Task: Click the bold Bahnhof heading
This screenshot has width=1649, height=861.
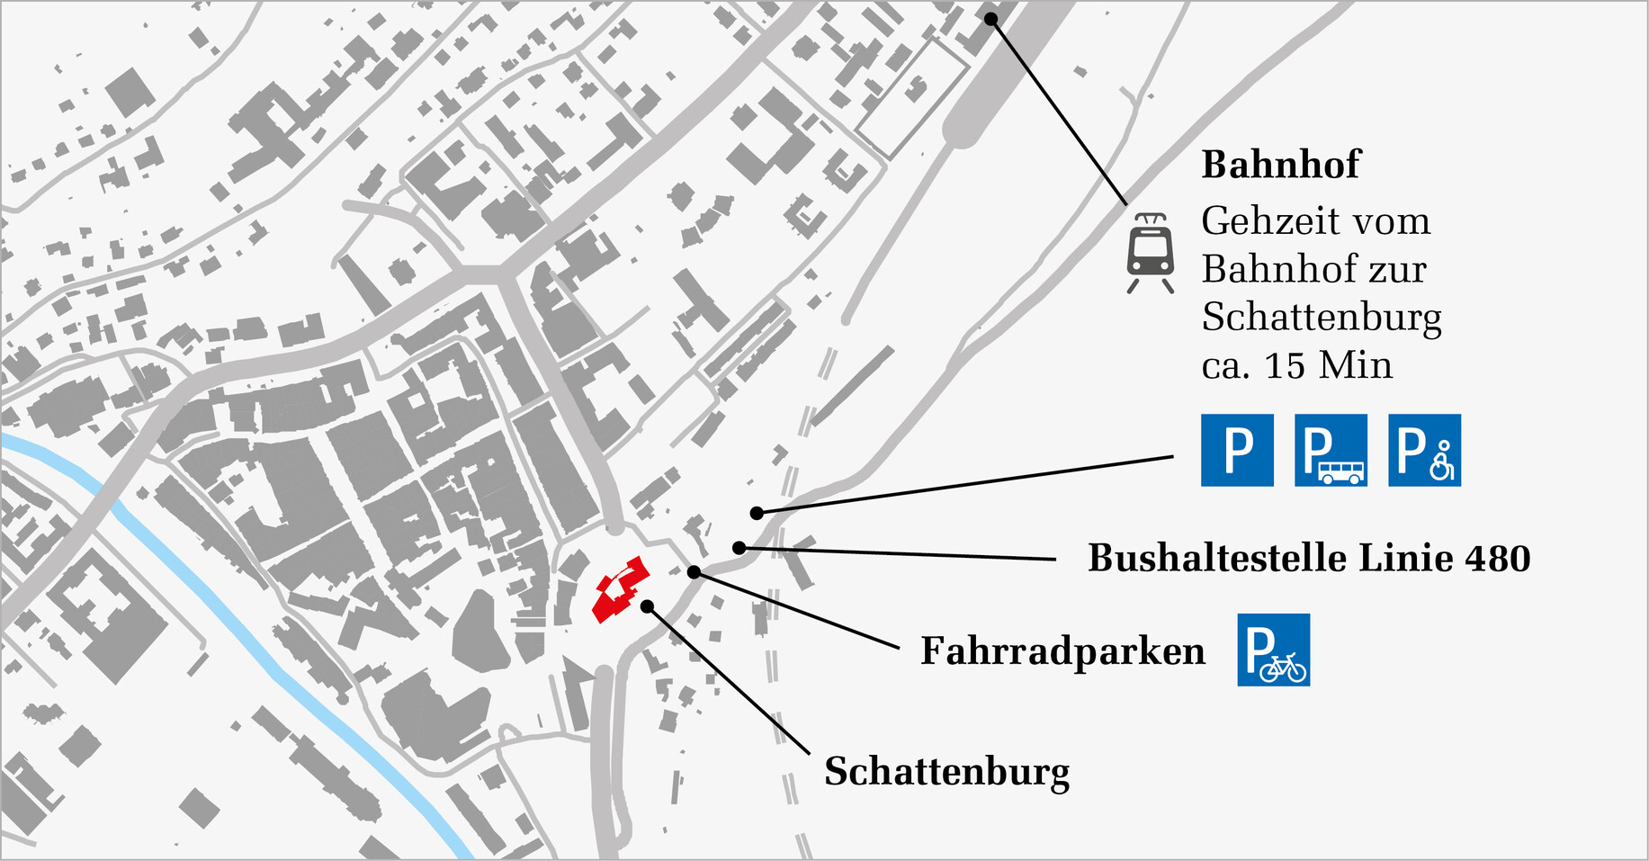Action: [x=1280, y=165]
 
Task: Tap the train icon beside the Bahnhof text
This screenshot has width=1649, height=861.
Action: [x=1151, y=252]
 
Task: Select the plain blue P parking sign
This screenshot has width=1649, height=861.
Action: [x=1237, y=450]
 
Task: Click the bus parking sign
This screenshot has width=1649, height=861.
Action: [x=1331, y=450]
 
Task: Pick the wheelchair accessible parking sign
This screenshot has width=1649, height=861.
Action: [x=1424, y=450]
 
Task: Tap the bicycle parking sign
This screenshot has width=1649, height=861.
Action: [x=1273, y=650]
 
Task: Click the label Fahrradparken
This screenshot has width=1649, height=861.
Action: [x=1062, y=650]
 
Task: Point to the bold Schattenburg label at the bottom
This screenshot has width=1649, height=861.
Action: [x=946, y=772]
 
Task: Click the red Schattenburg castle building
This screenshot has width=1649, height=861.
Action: [x=619, y=589]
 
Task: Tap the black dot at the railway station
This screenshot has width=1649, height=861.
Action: [x=990, y=19]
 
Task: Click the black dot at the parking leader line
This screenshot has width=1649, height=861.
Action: [x=757, y=513]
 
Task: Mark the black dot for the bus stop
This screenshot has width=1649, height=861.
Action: [x=739, y=548]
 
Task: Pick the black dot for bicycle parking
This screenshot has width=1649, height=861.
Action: [x=694, y=572]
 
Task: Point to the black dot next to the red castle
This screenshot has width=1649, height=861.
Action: [x=647, y=606]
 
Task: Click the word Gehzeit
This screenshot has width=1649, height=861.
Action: [x=1258, y=221]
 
